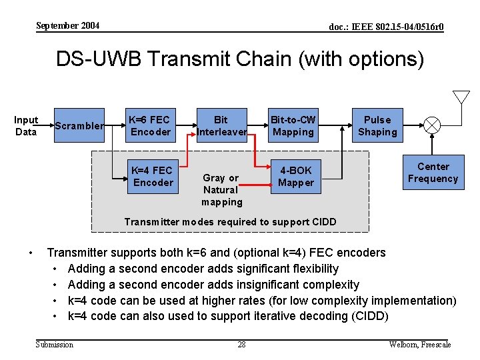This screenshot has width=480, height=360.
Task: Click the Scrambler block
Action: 79,126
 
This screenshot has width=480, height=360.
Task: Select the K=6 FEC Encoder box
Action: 151,126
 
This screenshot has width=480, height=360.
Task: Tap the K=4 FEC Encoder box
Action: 153,177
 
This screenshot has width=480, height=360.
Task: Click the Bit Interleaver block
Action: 221,126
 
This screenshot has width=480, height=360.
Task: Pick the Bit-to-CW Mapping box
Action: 293,126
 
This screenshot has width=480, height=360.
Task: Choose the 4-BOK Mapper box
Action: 295,177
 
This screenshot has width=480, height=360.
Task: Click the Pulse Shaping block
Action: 377,126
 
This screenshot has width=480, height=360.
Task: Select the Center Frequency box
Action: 433,173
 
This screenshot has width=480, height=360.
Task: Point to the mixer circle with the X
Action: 433,125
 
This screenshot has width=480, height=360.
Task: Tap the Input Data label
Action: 26,126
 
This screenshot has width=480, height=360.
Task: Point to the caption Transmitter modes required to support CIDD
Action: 231,222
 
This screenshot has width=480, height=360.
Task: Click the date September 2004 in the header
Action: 67,26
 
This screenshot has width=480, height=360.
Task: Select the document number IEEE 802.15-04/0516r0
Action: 386,27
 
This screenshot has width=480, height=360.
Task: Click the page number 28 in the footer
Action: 241,345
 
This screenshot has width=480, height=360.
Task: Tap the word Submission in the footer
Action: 55,345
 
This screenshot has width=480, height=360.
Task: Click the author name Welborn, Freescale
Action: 420,345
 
